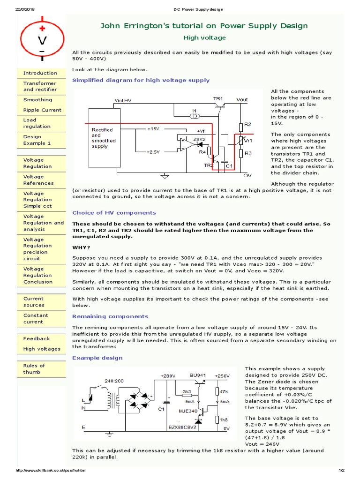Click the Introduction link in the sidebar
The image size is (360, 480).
click(x=40, y=73)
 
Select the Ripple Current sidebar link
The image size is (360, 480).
click(x=42, y=110)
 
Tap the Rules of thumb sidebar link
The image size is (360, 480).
click(x=34, y=369)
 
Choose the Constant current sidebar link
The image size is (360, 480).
click(x=36, y=319)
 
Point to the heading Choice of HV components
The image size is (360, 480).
click(x=114, y=213)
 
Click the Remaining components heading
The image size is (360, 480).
click(x=110, y=316)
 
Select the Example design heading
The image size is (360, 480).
click(x=97, y=358)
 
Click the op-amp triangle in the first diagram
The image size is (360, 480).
click(x=181, y=144)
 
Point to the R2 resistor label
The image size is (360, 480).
click(x=248, y=124)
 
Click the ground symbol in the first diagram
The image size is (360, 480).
click(x=165, y=176)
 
